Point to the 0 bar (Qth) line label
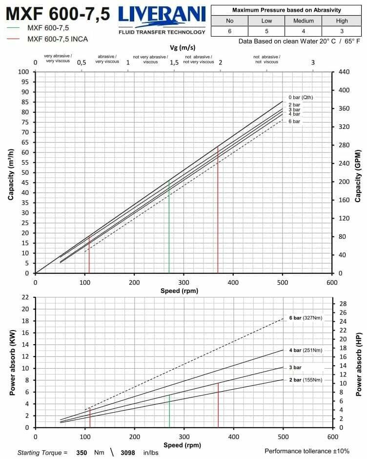click(301, 97)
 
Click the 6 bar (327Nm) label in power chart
click(306, 318)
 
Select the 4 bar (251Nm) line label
click(306, 350)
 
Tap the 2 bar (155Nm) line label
click(306, 379)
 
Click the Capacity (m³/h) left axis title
click(11, 172)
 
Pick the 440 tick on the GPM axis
click(344, 72)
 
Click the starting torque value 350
click(82, 453)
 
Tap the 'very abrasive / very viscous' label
click(58, 59)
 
